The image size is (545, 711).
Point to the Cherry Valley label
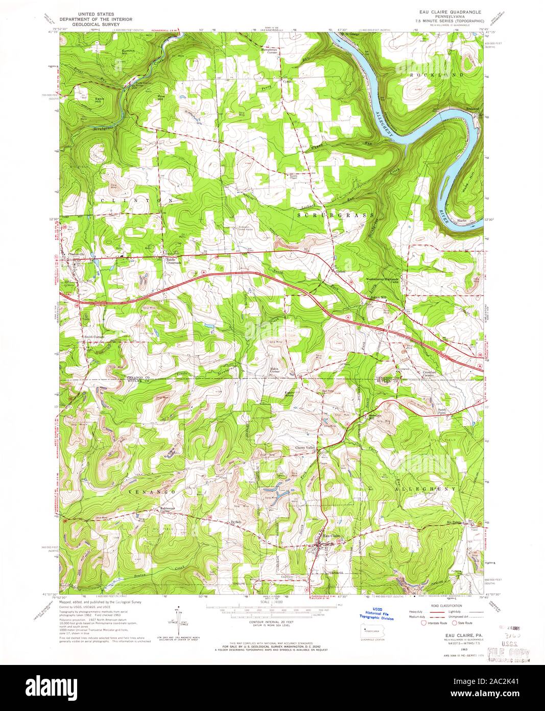[x=306, y=448]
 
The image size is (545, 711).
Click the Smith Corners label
[x=94, y=337]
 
